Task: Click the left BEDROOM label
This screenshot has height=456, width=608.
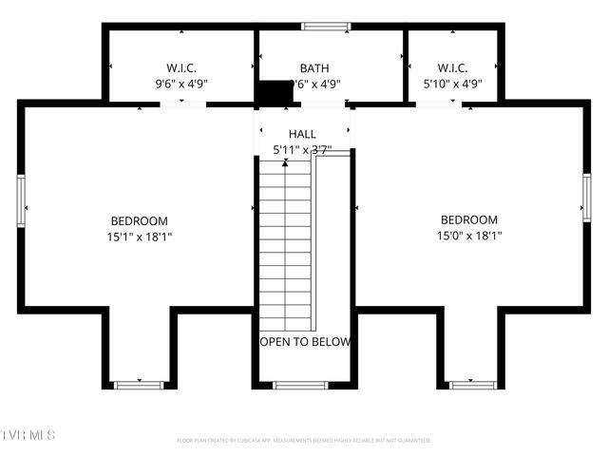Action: coord(139,220)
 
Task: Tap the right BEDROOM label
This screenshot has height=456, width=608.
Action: coord(468,219)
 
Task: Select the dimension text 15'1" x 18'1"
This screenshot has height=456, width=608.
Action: coord(139,237)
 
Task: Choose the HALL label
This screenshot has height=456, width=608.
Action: coord(302,135)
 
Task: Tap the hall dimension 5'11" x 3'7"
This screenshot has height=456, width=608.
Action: coord(302,150)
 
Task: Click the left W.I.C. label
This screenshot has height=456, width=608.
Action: coord(180,68)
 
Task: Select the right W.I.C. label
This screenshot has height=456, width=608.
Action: coord(452,68)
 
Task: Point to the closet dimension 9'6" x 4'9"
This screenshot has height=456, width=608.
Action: coord(180,84)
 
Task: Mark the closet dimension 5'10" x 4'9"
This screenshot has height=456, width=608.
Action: coord(452,84)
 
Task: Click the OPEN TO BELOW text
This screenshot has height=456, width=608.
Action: coord(305,342)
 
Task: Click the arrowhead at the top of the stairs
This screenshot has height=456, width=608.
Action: coord(285,163)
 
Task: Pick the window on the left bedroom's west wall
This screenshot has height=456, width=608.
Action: coord(21,198)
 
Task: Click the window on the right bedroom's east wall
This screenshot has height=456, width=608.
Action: coord(586,198)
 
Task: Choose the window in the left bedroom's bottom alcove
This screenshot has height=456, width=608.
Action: coord(139,385)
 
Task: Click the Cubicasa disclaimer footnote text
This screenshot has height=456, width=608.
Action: coord(304,441)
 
